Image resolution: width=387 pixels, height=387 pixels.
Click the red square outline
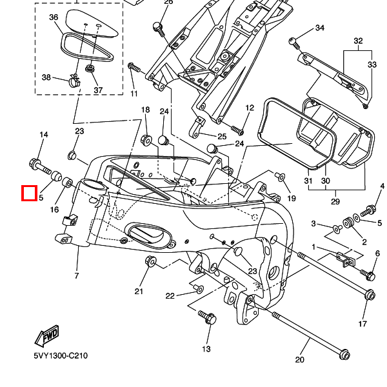30,193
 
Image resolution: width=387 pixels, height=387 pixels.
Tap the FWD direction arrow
46,335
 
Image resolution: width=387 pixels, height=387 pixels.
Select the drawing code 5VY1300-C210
61,355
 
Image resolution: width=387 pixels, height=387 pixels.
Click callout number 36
54,17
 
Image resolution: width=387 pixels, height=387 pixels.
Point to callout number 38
46,77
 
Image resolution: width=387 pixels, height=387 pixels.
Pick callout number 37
98,90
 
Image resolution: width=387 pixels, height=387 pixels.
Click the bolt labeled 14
40,166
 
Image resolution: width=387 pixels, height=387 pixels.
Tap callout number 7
77,275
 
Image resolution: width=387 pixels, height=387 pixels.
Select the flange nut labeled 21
150,261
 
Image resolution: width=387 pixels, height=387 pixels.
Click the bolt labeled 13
207,317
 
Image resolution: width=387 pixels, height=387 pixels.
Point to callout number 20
299,360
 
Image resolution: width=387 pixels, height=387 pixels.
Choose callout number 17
362,324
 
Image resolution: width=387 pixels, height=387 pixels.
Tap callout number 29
335,202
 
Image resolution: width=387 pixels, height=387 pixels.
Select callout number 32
358,41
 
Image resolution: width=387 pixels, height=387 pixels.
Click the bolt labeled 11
134,67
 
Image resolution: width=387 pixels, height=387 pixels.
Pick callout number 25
222,137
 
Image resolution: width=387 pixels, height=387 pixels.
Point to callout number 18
145,110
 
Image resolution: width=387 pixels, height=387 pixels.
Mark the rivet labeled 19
280,177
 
